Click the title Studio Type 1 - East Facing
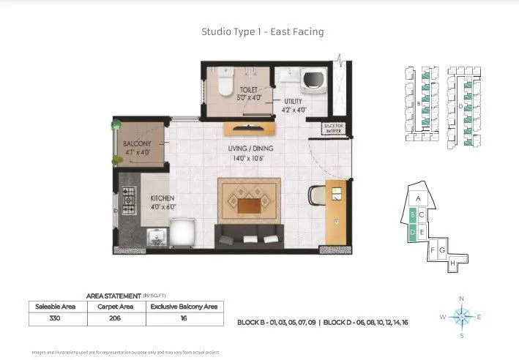coord(262,31)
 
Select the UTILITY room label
coord(293,102)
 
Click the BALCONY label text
coord(137,143)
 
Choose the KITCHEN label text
coord(161,198)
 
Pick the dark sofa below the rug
coord(249,236)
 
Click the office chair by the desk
coord(317,195)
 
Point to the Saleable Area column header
coord(55,307)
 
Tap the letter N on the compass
coord(461,299)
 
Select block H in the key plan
coord(453,263)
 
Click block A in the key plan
coord(418,198)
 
